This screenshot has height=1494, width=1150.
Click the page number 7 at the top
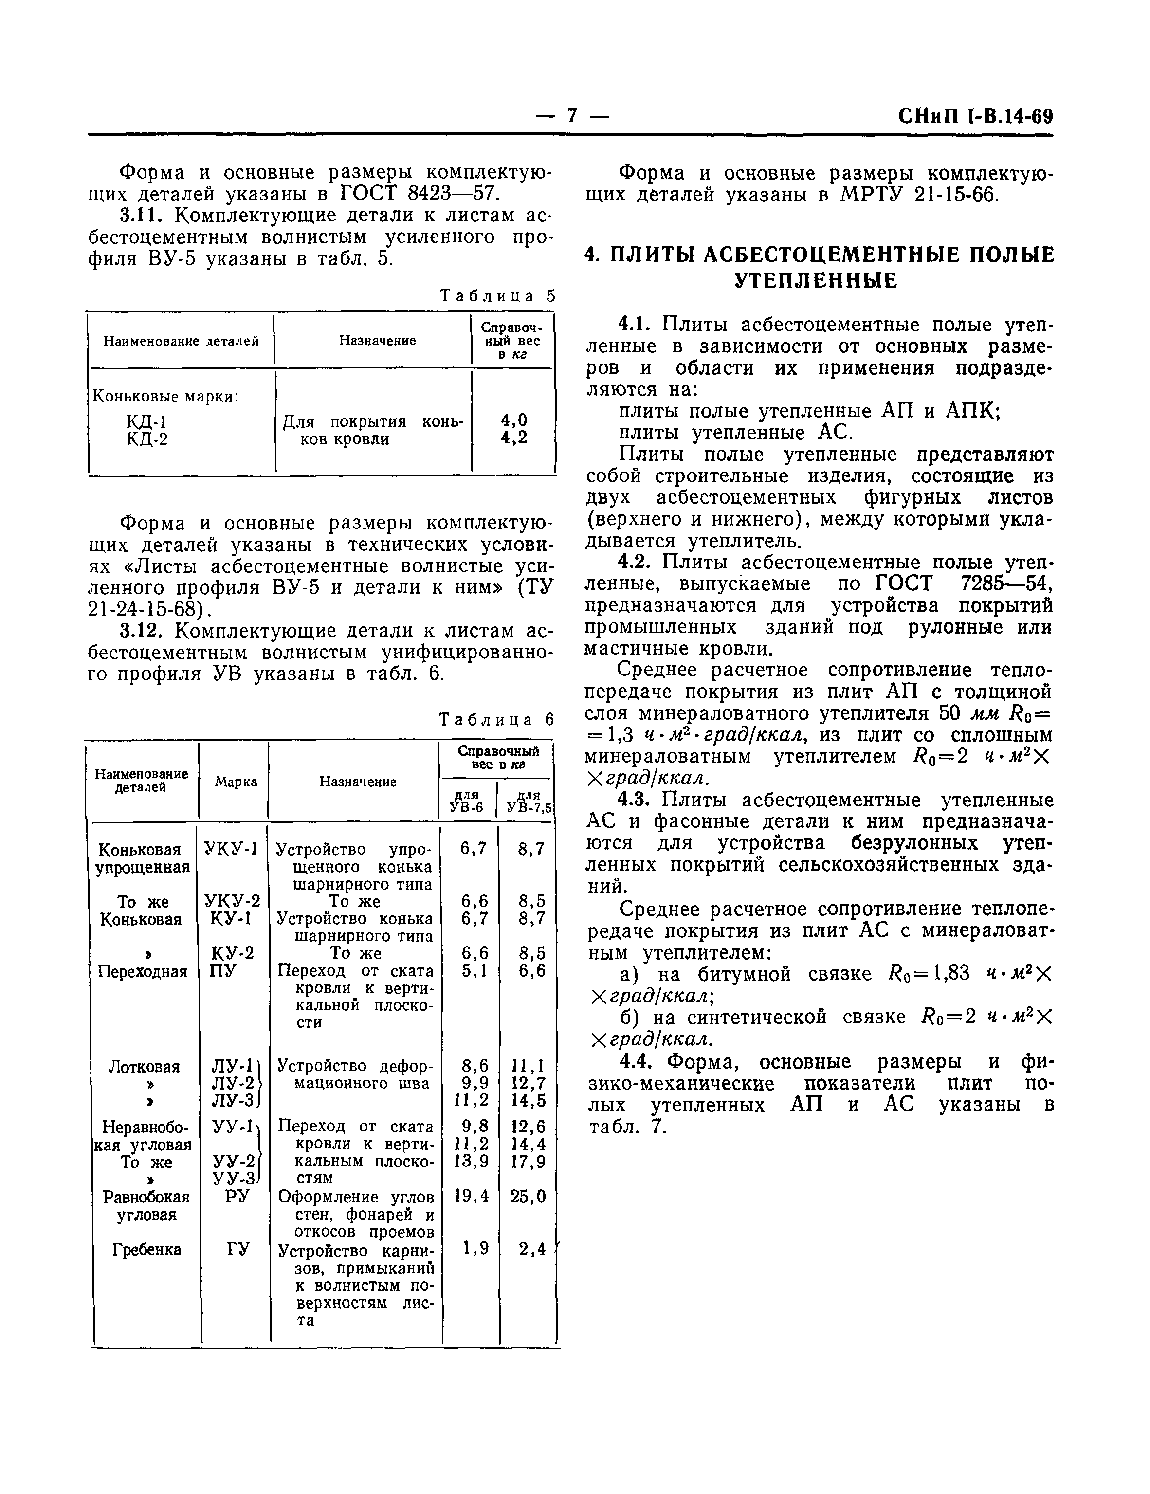(x=572, y=116)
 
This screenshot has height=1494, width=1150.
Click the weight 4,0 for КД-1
(x=514, y=420)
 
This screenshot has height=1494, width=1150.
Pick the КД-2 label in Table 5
(x=147, y=438)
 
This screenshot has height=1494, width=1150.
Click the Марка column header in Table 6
(x=236, y=782)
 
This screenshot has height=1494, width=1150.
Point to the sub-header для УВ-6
(x=467, y=802)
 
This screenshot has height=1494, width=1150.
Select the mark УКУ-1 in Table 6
(x=231, y=849)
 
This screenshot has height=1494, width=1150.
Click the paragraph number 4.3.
(x=637, y=800)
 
